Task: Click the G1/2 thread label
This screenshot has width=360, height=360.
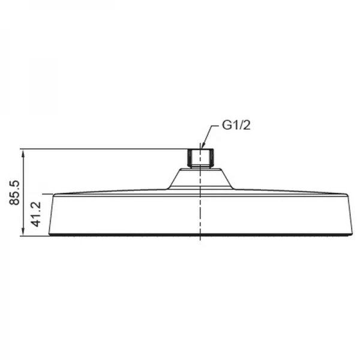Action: click(x=236, y=125)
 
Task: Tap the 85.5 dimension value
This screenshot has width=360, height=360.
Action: click(x=14, y=193)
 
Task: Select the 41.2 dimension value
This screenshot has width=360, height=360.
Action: click(x=35, y=214)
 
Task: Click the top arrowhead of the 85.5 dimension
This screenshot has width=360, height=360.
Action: click(x=23, y=154)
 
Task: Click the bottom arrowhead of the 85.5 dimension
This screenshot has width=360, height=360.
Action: click(x=23, y=232)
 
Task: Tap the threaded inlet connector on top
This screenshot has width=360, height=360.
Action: click(x=201, y=158)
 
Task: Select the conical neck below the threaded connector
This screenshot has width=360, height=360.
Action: click(x=201, y=179)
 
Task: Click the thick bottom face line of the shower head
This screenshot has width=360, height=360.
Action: click(x=200, y=235)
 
